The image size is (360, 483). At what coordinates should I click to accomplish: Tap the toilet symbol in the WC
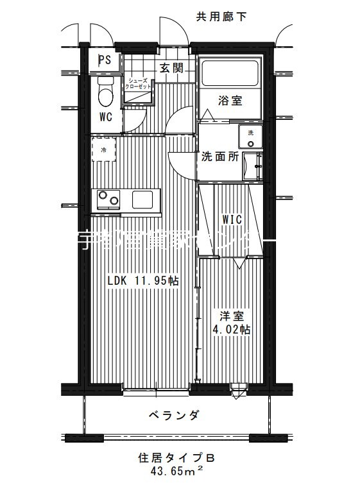tap(105, 94)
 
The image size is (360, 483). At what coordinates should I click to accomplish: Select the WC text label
tap(106, 117)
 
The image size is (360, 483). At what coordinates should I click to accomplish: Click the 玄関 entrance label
tap(171, 68)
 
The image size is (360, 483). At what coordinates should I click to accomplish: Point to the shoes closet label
tap(139, 83)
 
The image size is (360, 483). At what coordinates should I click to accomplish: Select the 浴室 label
tap(230, 101)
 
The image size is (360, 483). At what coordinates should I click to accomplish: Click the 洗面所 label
tap(220, 156)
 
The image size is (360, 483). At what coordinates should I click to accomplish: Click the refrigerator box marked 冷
tap(103, 150)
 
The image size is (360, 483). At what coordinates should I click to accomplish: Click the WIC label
tap(232, 219)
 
